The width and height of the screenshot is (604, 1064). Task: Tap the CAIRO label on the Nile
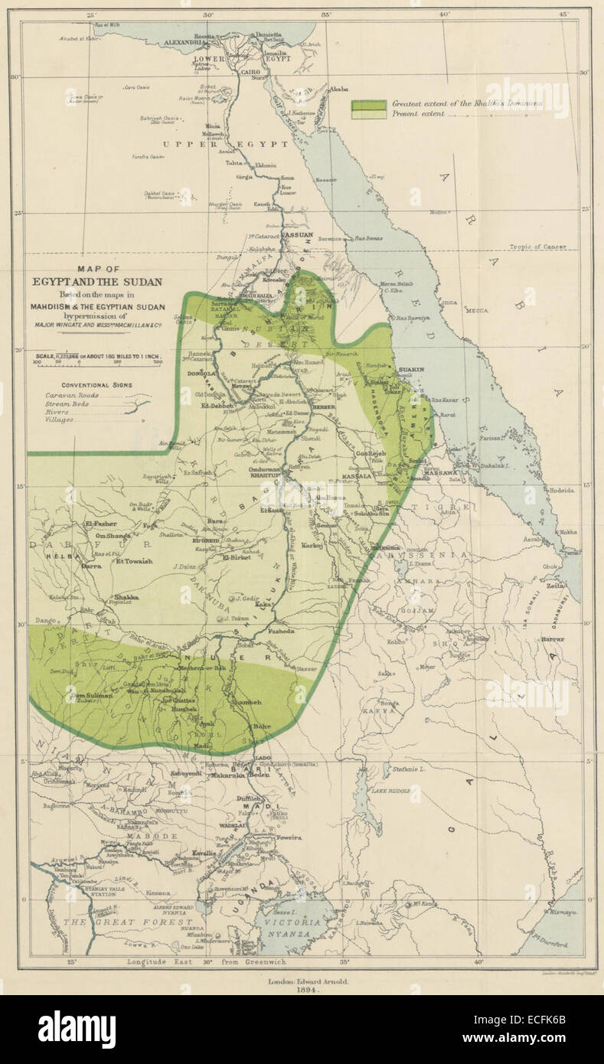click(x=251, y=72)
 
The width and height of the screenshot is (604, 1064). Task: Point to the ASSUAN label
click(x=299, y=235)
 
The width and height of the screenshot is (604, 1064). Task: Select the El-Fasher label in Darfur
click(x=100, y=524)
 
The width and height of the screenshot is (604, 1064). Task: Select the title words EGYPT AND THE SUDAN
click(x=96, y=282)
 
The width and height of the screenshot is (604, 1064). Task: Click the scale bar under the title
click(x=97, y=360)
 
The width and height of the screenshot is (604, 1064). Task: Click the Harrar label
click(x=552, y=638)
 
